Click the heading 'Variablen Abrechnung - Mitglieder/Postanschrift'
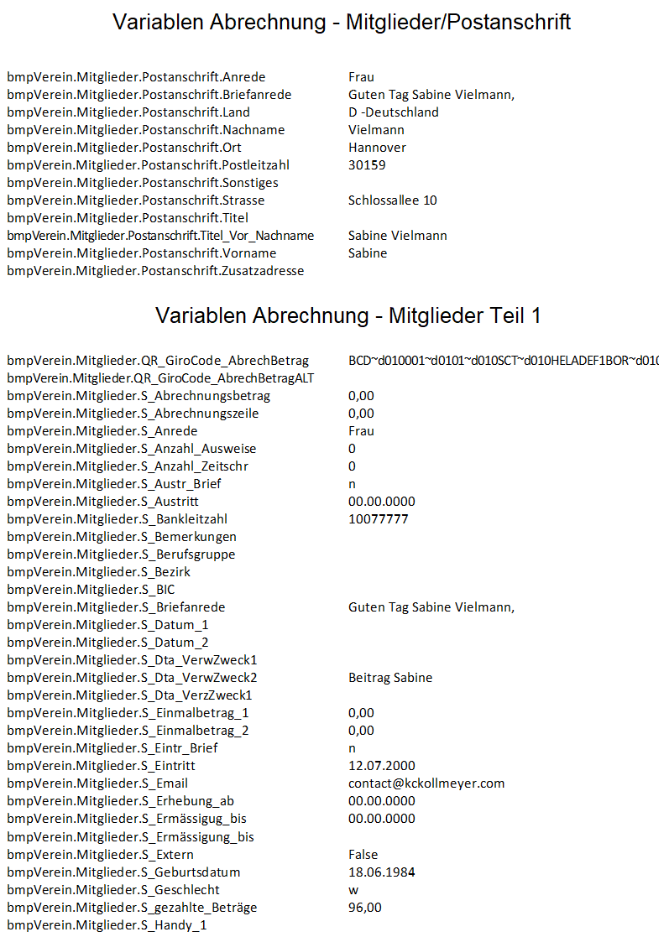pos(342,23)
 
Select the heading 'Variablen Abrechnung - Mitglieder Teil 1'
pos(348,315)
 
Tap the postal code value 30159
pos(367,165)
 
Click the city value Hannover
pos(377,148)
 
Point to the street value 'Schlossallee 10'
pos(392,200)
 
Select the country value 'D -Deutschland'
pos(393,112)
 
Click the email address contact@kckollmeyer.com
pos(426,783)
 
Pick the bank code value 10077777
pos(378,519)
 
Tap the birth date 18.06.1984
pos(381,872)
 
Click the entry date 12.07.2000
pos(381,766)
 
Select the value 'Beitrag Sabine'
pos(390,678)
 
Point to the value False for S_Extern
pos(363,855)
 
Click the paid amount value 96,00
pos(365,908)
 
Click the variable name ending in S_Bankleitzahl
pos(117,519)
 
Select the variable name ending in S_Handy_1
pos(107,925)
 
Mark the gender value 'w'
pos(353,890)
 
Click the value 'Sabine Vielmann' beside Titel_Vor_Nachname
pos(397,236)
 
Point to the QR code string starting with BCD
pos(503,361)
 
